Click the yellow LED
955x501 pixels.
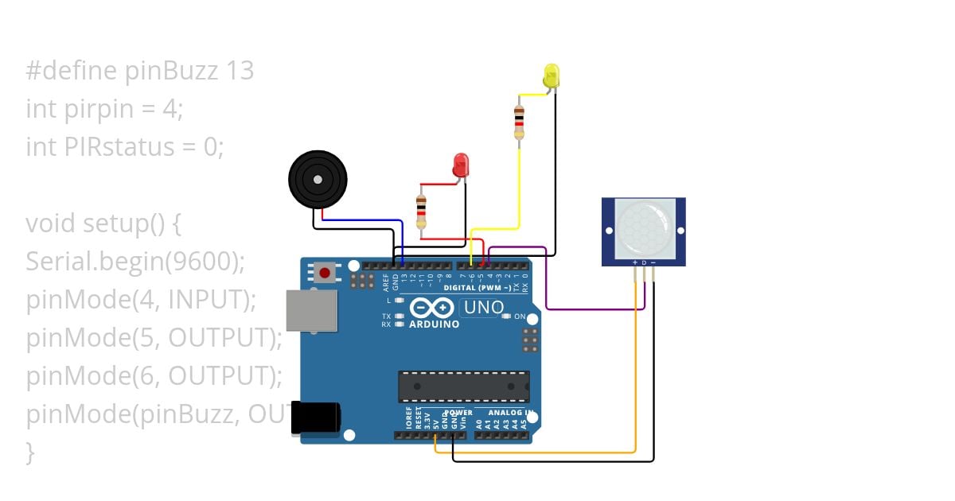(x=551, y=77)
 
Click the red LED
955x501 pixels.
(x=461, y=166)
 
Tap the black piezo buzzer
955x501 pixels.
(x=318, y=181)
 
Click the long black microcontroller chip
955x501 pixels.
(x=463, y=386)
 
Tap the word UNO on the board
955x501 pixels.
(x=484, y=307)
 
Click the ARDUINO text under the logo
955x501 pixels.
(x=434, y=324)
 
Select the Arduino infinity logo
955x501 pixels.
(x=432, y=308)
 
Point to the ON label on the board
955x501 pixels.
(x=520, y=317)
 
